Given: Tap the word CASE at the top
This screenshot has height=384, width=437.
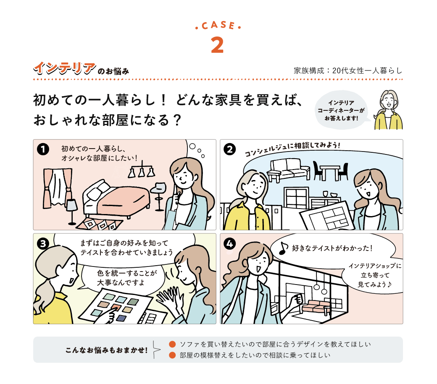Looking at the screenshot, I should [218, 26].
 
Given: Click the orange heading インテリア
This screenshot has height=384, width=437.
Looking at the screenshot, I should [63, 68].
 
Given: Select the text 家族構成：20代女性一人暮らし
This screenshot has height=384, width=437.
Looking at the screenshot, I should [348, 71].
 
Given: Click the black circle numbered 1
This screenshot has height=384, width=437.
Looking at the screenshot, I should [43, 149].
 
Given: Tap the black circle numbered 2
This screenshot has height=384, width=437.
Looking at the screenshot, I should [230, 149].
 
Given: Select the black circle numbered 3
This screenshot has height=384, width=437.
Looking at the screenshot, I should [43, 243].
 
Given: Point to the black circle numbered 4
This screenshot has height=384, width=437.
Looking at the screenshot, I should [230, 243].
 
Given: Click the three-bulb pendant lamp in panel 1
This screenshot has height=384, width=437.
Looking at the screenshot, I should [142, 170].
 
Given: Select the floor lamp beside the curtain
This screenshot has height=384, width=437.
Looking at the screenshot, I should [72, 210].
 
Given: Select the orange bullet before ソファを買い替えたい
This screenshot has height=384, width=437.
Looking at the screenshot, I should [172, 345].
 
